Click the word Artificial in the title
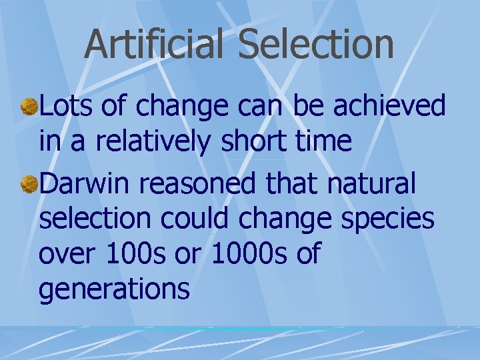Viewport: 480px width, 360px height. point(156,44)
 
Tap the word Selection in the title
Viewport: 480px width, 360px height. point(315,44)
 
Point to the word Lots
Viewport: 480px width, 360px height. point(65,105)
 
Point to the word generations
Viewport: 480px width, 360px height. point(114,289)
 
